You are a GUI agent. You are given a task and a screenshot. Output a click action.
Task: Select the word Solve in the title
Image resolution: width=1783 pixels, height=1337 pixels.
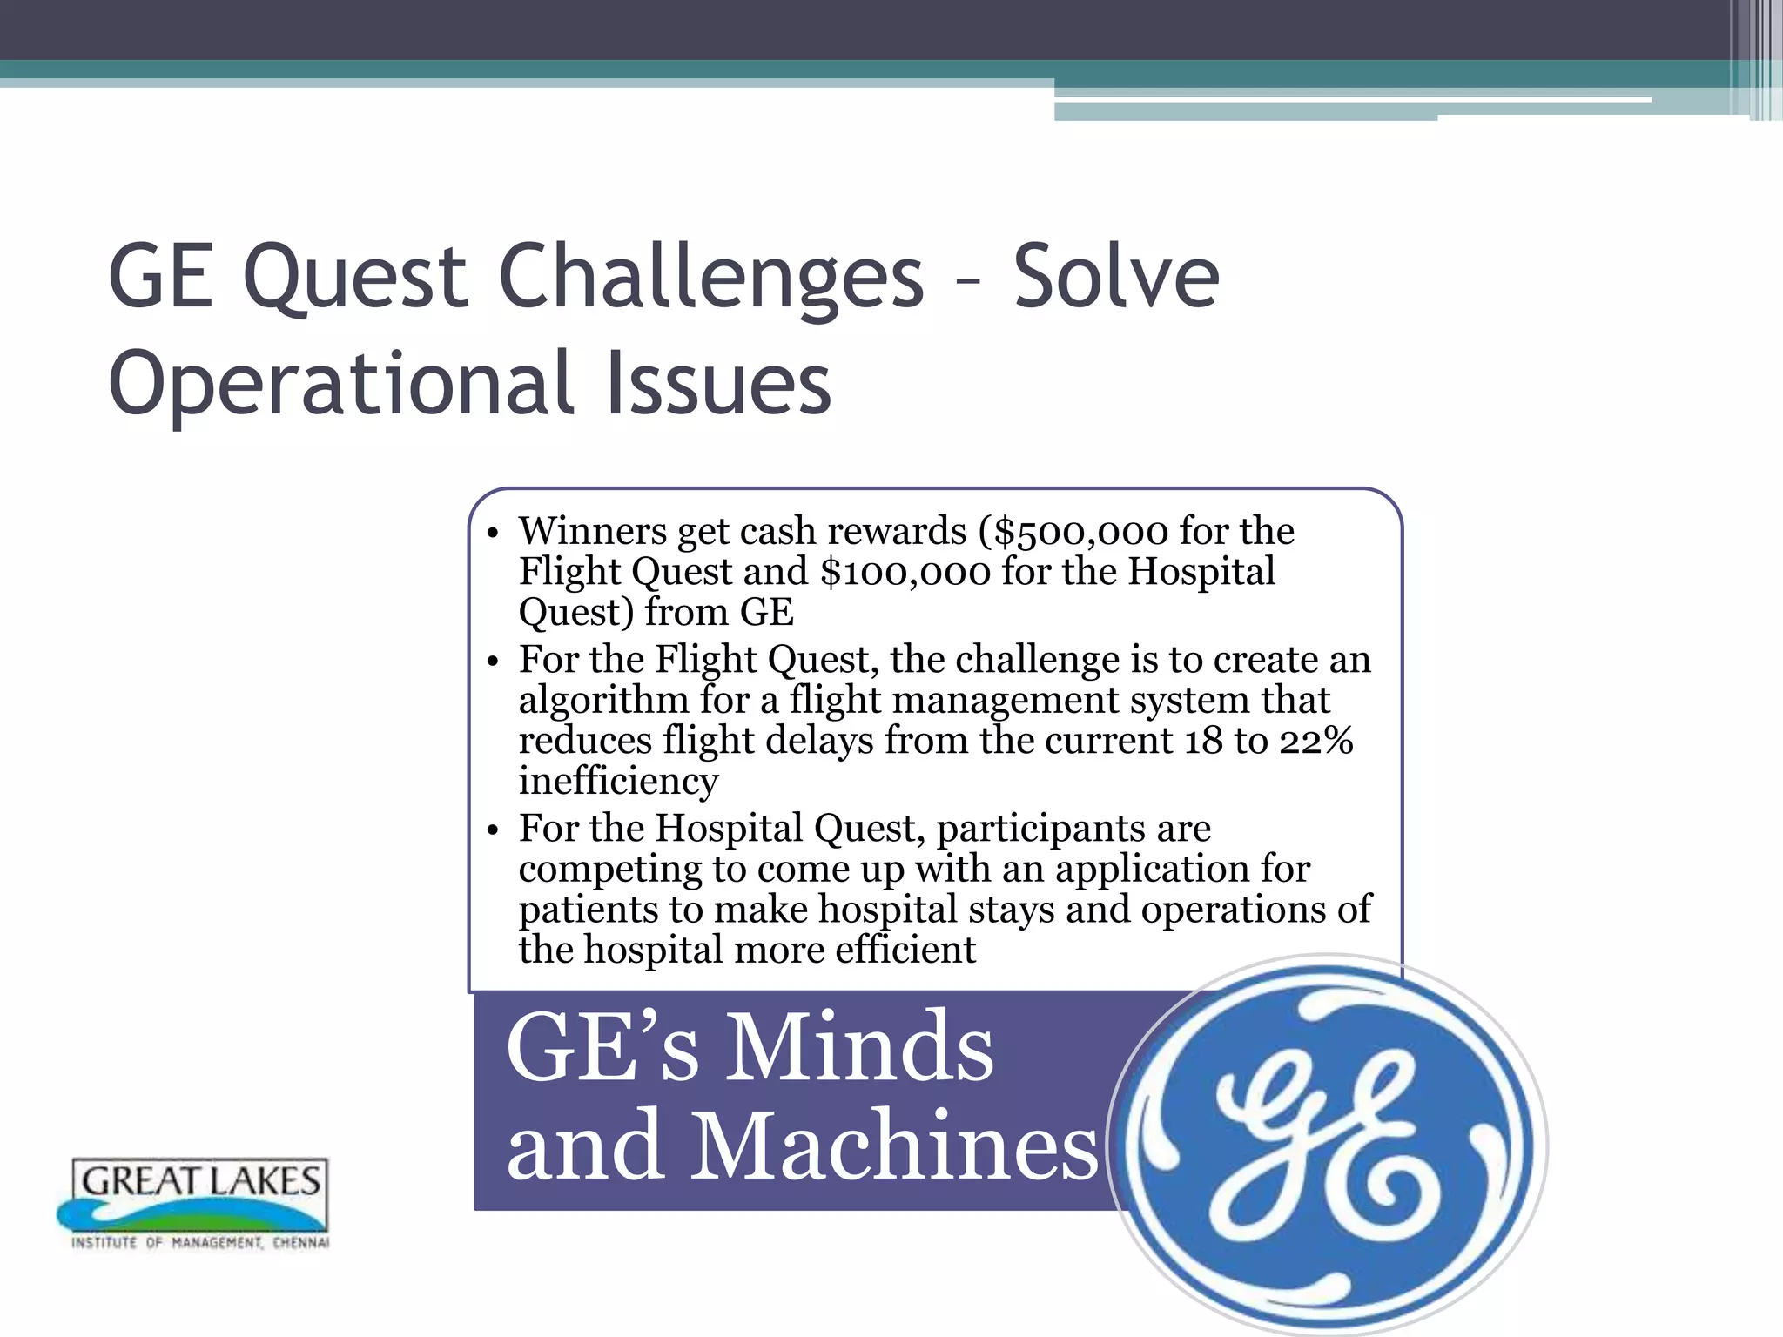(1116, 277)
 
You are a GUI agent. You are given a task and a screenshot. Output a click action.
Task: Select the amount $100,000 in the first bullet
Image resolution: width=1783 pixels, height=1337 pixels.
(905, 573)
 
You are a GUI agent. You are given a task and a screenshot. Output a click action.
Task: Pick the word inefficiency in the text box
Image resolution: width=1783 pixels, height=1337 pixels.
(618, 781)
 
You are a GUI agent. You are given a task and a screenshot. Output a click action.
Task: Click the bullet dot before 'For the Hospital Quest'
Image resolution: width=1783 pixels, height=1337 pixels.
(493, 830)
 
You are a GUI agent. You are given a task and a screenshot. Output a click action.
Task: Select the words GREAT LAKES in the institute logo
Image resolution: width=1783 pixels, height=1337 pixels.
(201, 1181)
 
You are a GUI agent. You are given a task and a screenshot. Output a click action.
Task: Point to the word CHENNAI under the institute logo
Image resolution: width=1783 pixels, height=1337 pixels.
(300, 1243)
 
